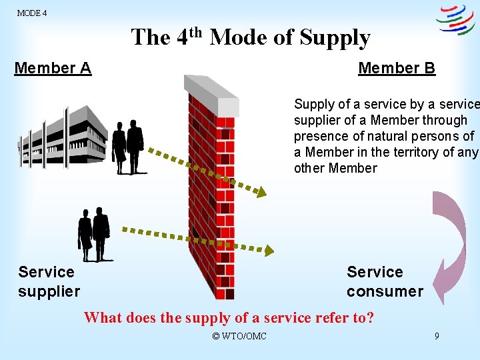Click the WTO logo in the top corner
[x=455, y=20]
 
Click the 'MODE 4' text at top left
[x=31, y=13]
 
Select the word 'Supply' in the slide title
[x=335, y=39]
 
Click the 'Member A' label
[x=53, y=68]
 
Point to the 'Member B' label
[x=397, y=68]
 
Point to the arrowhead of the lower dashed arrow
[x=269, y=250]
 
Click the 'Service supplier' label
[x=49, y=281]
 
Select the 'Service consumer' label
[x=385, y=281]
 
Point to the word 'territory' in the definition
[x=412, y=152]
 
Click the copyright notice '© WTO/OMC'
[x=239, y=336]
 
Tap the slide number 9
[x=437, y=336]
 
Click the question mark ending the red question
[x=370, y=318]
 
